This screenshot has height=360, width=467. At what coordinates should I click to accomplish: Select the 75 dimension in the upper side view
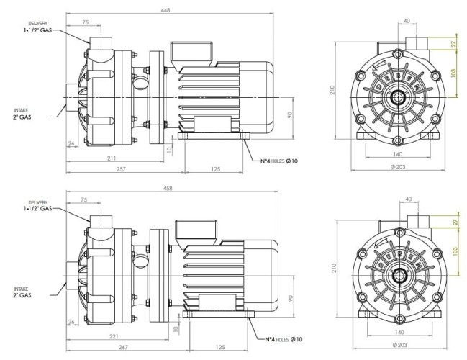click(x=86, y=22)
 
